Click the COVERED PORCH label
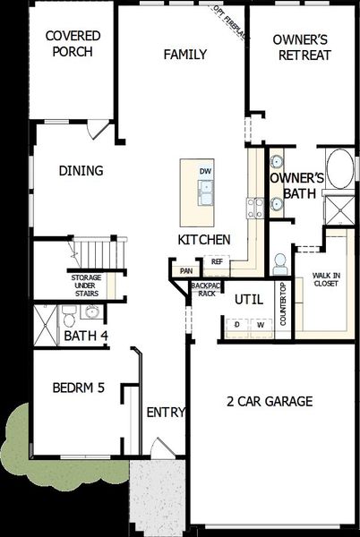point(73,44)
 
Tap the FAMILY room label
point(185,55)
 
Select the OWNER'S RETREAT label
point(302,47)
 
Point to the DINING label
point(81,171)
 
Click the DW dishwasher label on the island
point(205,171)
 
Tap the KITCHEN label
point(204,240)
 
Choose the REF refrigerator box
point(217,262)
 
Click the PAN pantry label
point(186,271)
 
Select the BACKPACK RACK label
point(205,289)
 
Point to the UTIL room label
point(248,300)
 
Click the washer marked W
point(261,325)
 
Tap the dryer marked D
point(237,325)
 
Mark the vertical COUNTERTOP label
point(283,304)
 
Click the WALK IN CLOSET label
point(326,279)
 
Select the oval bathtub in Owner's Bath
point(339,168)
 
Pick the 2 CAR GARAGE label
point(270,402)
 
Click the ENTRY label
point(166,413)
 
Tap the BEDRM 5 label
point(79,388)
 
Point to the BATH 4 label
point(85,336)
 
